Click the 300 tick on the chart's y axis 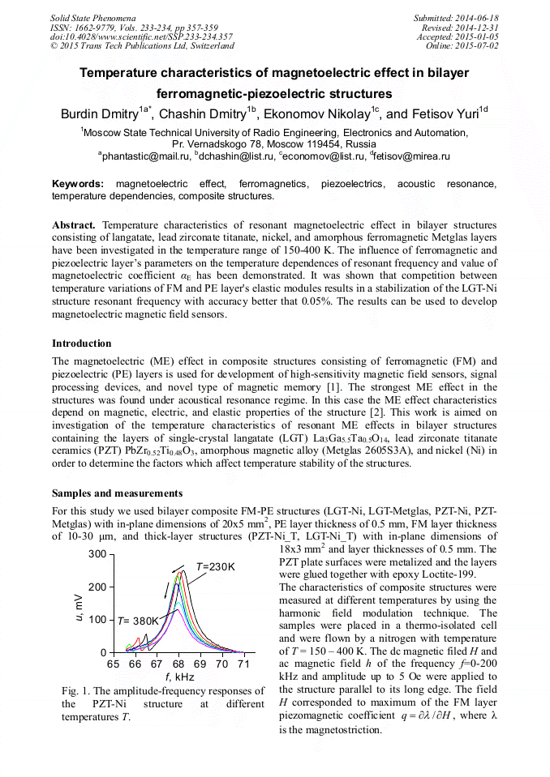click(x=97, y=553)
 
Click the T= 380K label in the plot click(x=138, y=621)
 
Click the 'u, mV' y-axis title click(x=79, y=604)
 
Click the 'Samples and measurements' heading click(x=117, y=493)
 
